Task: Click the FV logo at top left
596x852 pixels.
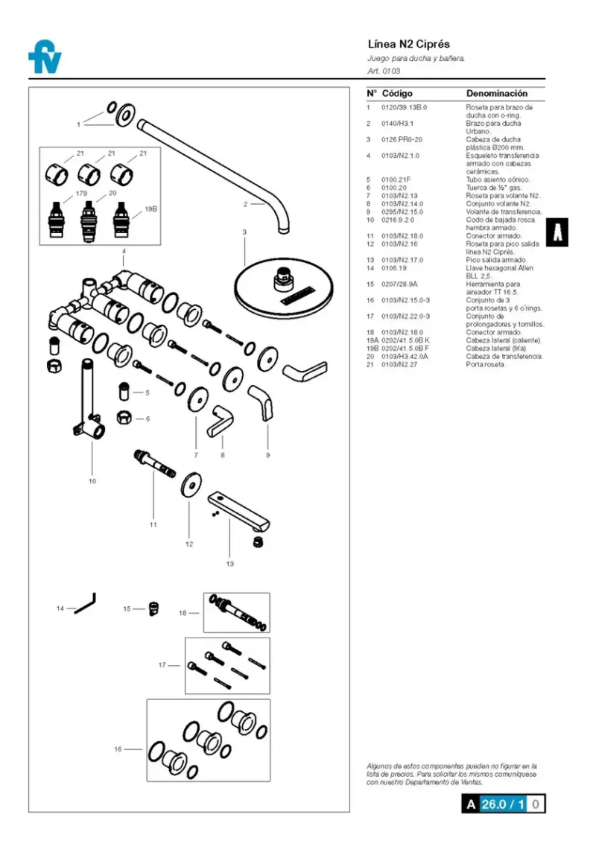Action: pyautogui.click(x=45, y=57)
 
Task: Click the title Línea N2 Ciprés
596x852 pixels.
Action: pyautogui.click(x=409, y=44)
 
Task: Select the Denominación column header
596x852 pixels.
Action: pyautogui.click(x=496, y=94)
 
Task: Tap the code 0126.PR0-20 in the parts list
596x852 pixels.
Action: pyautogui.click(x=402, y=139)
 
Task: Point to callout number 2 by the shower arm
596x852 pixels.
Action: pyautogui.click(x=245, y=204)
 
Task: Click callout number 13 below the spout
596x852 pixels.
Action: pyautogui.click(x=229, y=564)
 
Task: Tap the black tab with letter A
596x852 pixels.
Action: pyautogui.click(x=557, y=232)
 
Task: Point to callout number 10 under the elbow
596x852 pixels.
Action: pyautogui.click(x=92, y=481)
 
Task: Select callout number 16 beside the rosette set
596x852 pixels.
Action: pyautogui.click(x=118, y=749)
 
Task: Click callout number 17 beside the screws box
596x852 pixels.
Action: pyautogui.click(x=162, y=665)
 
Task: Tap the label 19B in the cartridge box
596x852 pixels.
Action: pyautogui.click(x=151, y=209)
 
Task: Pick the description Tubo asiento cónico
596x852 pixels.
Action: pyautogui.click(x=498, y=179)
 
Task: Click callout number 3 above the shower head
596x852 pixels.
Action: pyautogui.click(x=244, y=232)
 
